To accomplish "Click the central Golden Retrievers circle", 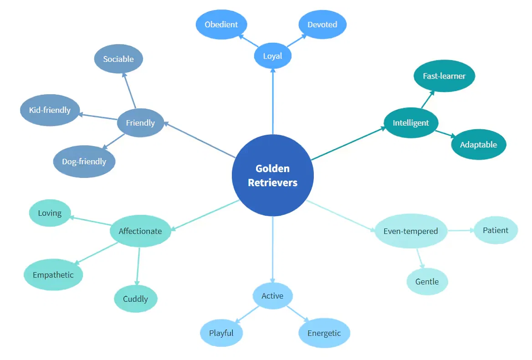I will pos(272,175).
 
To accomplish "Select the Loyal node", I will pos(272,56).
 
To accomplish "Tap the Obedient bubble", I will pos(221,24).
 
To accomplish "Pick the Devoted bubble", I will pos(322,24).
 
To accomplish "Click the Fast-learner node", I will pos(444,76).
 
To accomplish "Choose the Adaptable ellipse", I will pos(478,145).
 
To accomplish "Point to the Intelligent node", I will pos(411,122).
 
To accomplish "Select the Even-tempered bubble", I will pos(410,231).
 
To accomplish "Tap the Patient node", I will pos(495,230).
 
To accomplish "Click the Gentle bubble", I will pos(427,281).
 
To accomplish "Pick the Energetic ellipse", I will pos(324,333).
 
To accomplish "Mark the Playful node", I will pos(221,333).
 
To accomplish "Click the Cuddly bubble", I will pos(135,299).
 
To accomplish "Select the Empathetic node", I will pos(53,275).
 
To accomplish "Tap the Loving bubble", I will pos(50,213).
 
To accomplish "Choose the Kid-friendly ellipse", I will pos(50,110).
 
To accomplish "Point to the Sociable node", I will pos(118,59).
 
